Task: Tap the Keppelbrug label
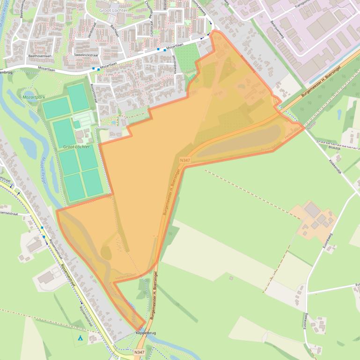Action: click(x=145, y=332)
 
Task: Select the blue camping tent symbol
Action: click(x=80, y=337)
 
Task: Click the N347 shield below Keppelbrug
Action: click(x=139, y=352)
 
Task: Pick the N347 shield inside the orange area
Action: click(x=185, y=160)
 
